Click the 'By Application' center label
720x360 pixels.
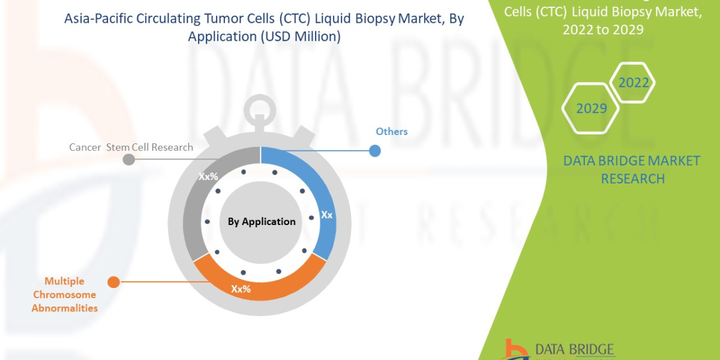click(x=262, y=221)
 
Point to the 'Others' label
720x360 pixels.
click(x=391, y=131)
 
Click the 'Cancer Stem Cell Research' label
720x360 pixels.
click(x=131, y=147)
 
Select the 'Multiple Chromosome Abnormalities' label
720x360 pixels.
click(x=64, y=294)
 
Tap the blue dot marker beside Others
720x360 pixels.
click(x=374, y=151)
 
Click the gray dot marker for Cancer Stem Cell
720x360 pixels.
click(x=128, y=160)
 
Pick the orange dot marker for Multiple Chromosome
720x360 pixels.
click(x=112, y=282)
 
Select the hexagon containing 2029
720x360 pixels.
click(x=590, y=109)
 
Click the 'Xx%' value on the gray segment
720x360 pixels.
click(x=208, y=177)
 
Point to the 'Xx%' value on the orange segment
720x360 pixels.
click(x=241, y=289)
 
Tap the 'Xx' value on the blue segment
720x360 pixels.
click(x=326, y=214)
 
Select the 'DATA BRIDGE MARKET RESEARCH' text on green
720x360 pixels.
click(x=632, y=169)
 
